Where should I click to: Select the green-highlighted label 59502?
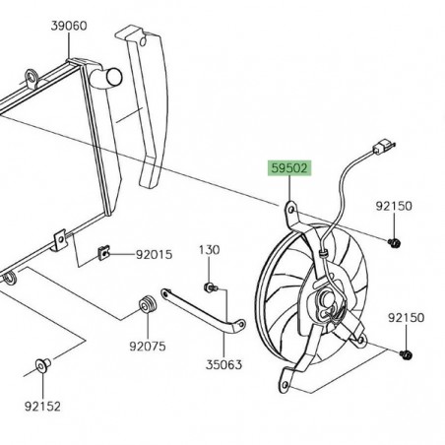[289, 168]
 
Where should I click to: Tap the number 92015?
[155, 255]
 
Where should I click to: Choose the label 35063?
[227, 361]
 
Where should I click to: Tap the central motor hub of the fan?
[327, 297]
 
